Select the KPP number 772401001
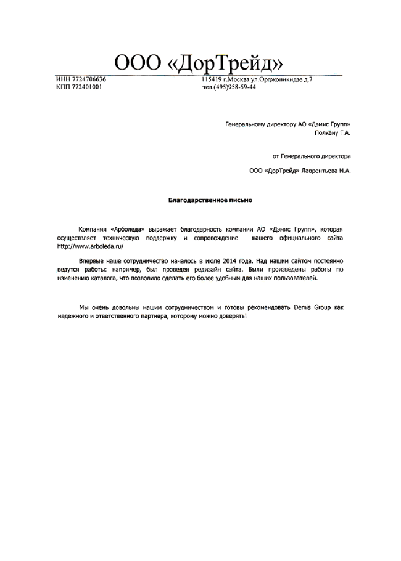point(87,87)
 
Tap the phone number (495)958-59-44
point(234,87)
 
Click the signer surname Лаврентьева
point(320,171)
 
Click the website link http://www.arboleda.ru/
point(86,246)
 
